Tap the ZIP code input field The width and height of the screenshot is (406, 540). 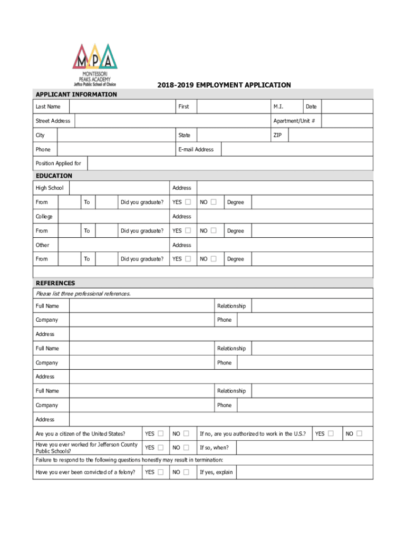(331, 136)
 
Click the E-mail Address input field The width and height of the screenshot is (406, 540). (297, 150)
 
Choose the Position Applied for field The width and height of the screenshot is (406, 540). (230, 163)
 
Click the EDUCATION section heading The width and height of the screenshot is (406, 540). (54, 176)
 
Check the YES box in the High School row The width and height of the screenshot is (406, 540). (188, 202)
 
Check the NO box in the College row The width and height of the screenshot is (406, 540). (213, 230)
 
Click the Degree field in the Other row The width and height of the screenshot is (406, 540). (312, 259)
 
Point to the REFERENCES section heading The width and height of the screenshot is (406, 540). (55, 283)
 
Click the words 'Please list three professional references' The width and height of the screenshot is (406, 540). (83, 294)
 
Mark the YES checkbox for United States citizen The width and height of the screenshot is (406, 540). (160, 433)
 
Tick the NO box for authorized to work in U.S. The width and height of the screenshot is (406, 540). (359, 433)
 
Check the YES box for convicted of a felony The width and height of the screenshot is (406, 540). (160, 472)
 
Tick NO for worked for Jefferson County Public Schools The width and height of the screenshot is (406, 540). (186, 448)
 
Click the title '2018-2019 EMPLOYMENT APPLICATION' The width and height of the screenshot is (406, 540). (224, 85)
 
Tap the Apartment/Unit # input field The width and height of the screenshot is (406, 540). (347, 121)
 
